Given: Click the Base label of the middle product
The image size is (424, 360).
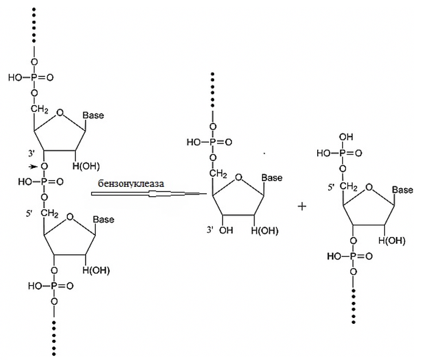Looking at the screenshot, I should coord(272,178).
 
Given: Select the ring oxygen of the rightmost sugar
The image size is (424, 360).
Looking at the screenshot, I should coord(371,185).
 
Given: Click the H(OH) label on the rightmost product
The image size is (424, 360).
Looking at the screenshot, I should coord(392,240).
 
